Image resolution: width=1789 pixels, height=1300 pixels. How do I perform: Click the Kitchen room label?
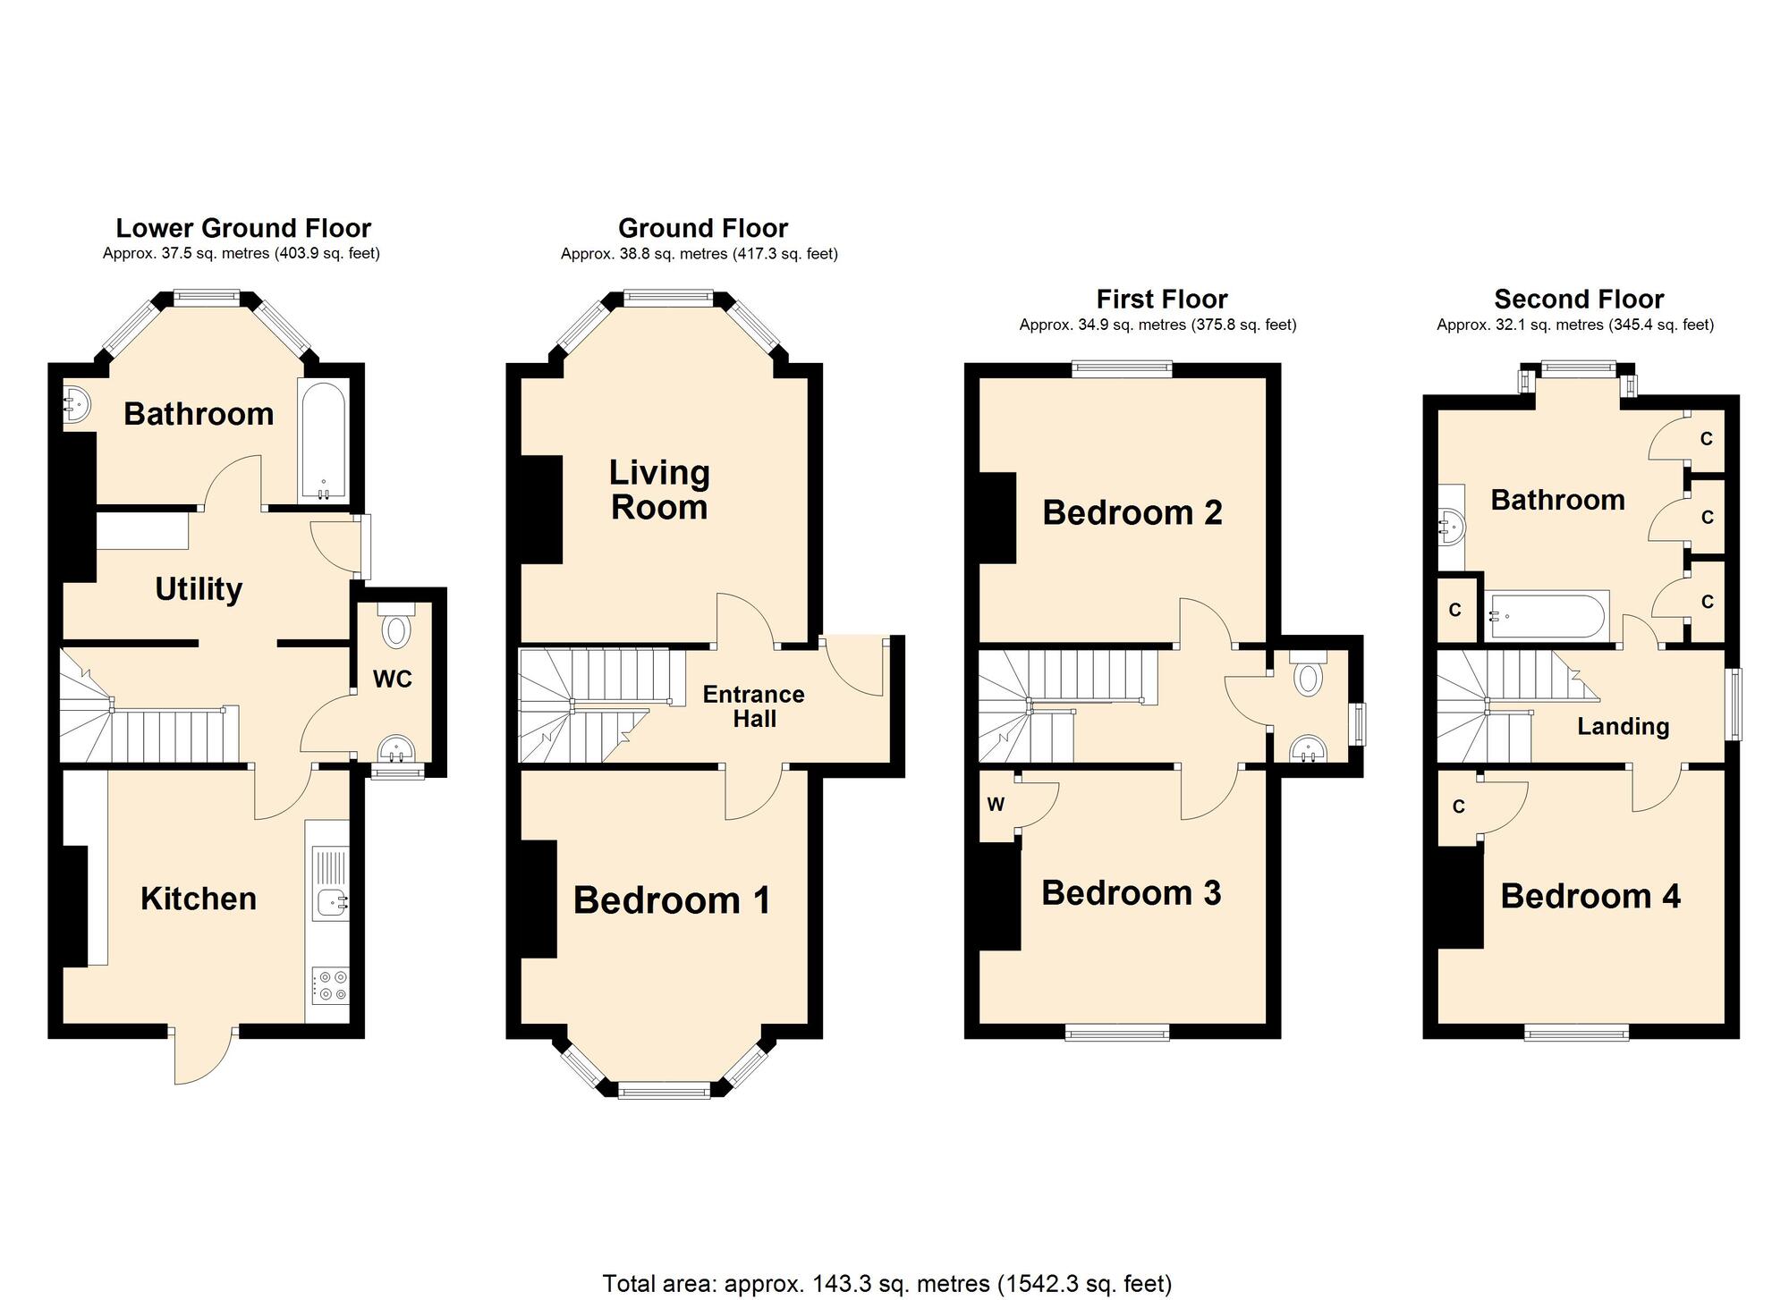199,899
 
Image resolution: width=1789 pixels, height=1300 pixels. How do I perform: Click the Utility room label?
199,589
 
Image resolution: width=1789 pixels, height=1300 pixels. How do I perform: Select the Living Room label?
659,490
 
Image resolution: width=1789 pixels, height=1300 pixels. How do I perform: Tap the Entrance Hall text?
753,706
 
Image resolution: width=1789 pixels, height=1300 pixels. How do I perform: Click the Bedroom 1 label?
672,900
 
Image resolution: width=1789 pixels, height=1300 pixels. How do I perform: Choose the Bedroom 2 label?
1132,512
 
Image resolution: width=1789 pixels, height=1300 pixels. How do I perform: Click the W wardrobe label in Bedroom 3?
996,804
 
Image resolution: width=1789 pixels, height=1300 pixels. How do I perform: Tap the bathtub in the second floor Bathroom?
1546,615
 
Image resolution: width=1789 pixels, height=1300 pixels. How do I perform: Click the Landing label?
1623,726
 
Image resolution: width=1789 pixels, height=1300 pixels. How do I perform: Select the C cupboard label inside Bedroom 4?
1458,806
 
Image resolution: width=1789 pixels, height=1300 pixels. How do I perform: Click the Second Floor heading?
1579,299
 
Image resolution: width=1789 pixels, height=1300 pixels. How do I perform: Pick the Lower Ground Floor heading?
243,228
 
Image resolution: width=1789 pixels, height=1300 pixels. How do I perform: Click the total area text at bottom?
886,1284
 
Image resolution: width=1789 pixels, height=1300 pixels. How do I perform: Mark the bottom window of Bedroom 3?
1117,1033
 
